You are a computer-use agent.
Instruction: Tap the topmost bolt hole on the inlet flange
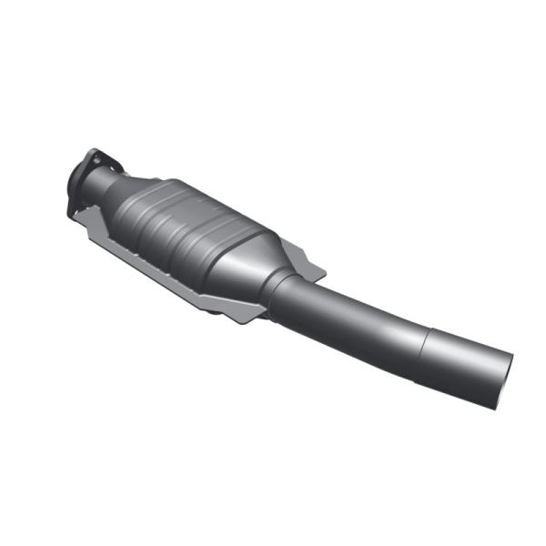93,155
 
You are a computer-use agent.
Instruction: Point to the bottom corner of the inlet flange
73,215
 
